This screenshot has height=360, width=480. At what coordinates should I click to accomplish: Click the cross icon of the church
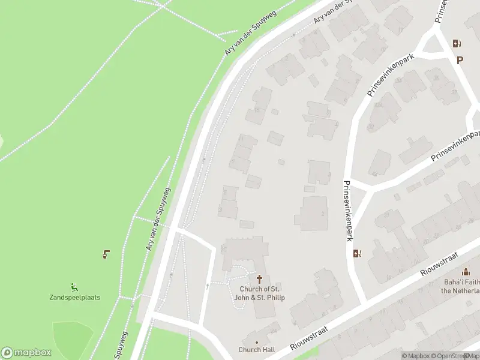click(260, 279)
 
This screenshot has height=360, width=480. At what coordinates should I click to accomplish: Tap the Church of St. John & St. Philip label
click(259, 293)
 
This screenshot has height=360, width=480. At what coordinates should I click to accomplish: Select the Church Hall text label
click(257, 350)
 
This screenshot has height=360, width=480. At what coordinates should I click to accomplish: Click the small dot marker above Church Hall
click(257, 342)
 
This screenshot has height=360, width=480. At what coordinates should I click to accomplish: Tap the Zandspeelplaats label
click(74, 298)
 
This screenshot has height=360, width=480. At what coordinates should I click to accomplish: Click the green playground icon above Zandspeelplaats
click(74, 287)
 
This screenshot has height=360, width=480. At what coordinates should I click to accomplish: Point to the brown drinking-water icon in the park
click(106, 254)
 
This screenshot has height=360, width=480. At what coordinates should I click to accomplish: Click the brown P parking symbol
click(460, 60)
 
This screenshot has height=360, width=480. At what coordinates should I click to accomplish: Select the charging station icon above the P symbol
click(457, 43)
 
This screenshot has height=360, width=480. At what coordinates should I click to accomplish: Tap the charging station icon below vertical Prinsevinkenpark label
click(358, 253)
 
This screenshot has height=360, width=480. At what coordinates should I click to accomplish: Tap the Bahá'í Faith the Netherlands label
click(461, 286)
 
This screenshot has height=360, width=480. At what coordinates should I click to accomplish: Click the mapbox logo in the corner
click(26, 353)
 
